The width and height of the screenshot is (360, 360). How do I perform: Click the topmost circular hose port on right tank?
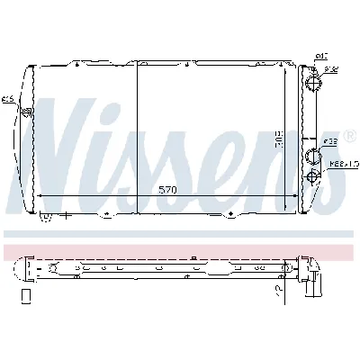[313, 84]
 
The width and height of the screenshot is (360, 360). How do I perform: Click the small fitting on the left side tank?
[26, 112]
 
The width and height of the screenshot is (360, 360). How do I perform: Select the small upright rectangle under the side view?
[26, 295]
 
